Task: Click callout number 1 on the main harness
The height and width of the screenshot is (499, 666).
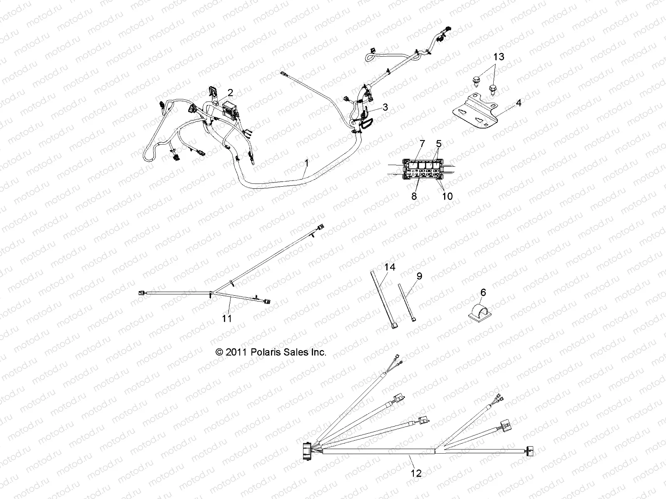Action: pyautogui.click(x=306, y=163)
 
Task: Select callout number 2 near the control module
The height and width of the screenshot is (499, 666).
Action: pyautogui.click(x=230, y=92)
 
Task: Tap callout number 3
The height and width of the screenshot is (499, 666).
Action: pyautogui.click(x=385, y=107)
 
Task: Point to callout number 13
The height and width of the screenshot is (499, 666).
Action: pyautogui.click(x=499, y=57)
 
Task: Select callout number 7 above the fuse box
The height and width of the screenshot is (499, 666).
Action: pyautogui.click(x=422, y=144)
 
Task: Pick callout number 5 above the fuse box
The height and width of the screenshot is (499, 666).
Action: pyautogui.click(x=438, y=144)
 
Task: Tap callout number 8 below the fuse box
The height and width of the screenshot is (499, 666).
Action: pyautogui.click(x=414, y=196)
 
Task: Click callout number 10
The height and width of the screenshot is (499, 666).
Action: pyautogui.click(x=447, y=196)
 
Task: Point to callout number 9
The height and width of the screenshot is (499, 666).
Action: pyautogui.click(x=419, y=276)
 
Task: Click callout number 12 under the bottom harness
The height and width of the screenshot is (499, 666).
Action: pyautogui.click(x=416, y=473)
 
